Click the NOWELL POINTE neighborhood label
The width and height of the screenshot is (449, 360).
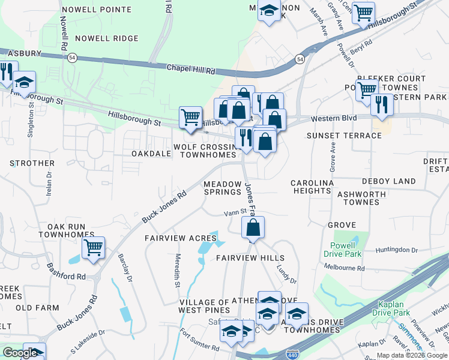[x=96, y=10]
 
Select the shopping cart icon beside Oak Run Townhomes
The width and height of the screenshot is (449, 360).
[x=93, y=247]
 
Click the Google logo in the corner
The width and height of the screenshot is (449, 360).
[x=20, y=353]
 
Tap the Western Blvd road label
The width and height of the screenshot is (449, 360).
[x=330, y=119]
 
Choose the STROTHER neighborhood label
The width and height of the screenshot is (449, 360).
[x=32, y=163]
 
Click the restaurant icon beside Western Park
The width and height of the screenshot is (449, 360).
[x=381, y=105]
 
